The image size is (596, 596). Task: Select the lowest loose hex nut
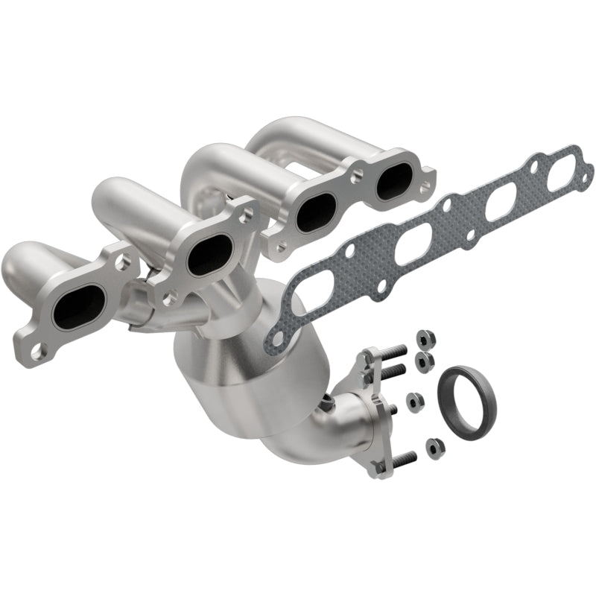(x=431, y=447)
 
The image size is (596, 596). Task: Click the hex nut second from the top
(x=428, y=362)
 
